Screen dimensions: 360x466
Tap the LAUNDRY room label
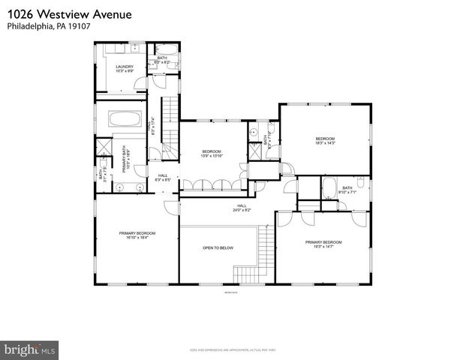(125, 69)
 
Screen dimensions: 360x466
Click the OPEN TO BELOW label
(218, 247)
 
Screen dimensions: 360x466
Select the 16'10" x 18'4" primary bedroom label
(137, 235)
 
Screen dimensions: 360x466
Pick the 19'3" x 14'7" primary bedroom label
(323, 244)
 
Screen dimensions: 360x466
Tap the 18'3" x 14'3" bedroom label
(325, 141)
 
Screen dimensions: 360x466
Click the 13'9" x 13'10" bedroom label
(212, 154)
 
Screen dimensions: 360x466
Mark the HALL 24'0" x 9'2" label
(242, 207)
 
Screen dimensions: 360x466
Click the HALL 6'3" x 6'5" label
(163, 178)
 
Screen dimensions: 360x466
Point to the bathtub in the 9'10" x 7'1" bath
(331, 188)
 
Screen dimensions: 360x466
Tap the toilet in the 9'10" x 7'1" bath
(360, 182)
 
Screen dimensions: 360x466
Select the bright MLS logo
(29, 349)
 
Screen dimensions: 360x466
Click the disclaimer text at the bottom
(232, 349)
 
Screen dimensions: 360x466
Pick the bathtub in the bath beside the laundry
(167, 49)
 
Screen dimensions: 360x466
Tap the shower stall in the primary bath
(102, 148)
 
